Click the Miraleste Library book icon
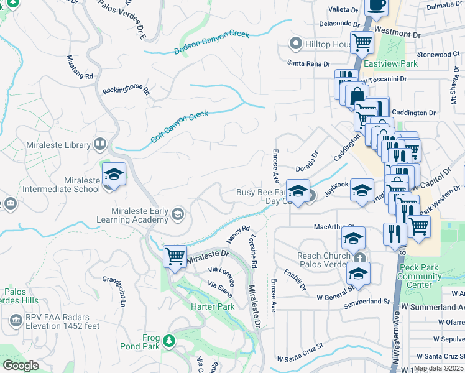pos(99,145)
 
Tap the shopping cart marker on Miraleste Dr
pos(175,256)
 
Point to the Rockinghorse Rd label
pos(127,91)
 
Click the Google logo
pos(21,366)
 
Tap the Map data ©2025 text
pos(438,368)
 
